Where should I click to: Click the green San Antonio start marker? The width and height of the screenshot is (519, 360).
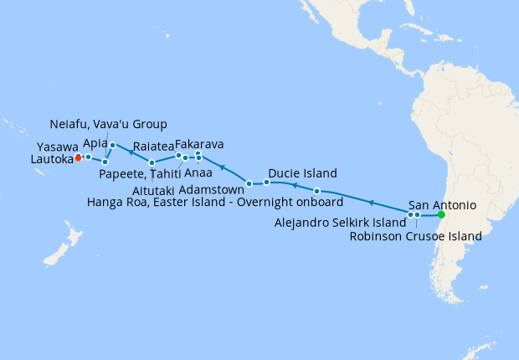click(x=441, y=215)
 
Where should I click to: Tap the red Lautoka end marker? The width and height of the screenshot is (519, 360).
click(x=78, y=157)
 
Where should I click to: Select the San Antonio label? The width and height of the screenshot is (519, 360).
click(x=443, y=204)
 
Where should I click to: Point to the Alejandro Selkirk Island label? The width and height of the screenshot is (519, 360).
click(x=340, y=223)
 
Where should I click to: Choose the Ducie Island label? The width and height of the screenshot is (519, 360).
click(x=302, y=174)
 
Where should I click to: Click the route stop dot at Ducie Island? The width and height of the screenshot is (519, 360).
click(x=266, y=182)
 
